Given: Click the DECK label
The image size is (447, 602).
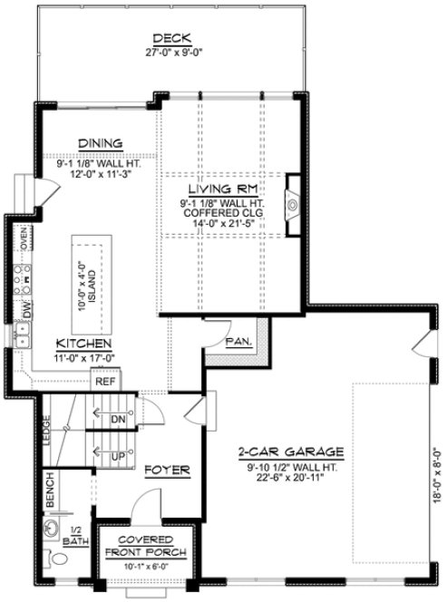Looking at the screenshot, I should (171, 38).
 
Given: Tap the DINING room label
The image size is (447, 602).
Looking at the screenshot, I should (100, 143).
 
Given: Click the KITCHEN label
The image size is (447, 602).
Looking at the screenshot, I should (84, 345).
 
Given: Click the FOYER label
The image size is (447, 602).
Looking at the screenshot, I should (167, 470).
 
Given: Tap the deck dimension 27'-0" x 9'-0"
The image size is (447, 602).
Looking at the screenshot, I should (171, 53).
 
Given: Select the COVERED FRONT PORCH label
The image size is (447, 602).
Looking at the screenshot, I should (145, 546).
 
